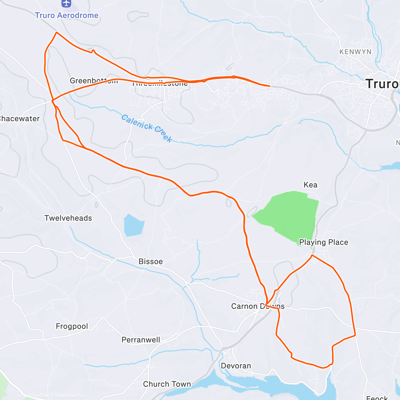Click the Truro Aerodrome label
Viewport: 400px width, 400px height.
[67, 15]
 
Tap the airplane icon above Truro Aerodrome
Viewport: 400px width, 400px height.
[67, 4]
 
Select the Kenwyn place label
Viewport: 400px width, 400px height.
[355, 52]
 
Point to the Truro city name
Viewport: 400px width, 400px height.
[382, 84]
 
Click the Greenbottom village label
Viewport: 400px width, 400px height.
[93, 81]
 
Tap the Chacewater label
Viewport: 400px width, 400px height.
[19, 119]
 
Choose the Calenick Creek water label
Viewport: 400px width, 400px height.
[147, 128]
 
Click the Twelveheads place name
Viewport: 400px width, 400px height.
[68, 218]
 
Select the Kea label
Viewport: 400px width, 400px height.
[310, 185]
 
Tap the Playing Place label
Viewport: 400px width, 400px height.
[323, 242]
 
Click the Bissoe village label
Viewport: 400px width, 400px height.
[151, 261]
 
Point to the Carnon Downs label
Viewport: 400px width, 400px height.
[258, 306]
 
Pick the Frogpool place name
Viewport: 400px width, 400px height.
[72, 326]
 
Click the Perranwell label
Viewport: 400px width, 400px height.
[141, 340]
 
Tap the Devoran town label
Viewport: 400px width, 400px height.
[236, 366]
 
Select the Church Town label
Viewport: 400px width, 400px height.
[167, 384]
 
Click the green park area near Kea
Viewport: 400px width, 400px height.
[288, 213]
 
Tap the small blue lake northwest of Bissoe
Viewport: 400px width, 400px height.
[134, 225]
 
